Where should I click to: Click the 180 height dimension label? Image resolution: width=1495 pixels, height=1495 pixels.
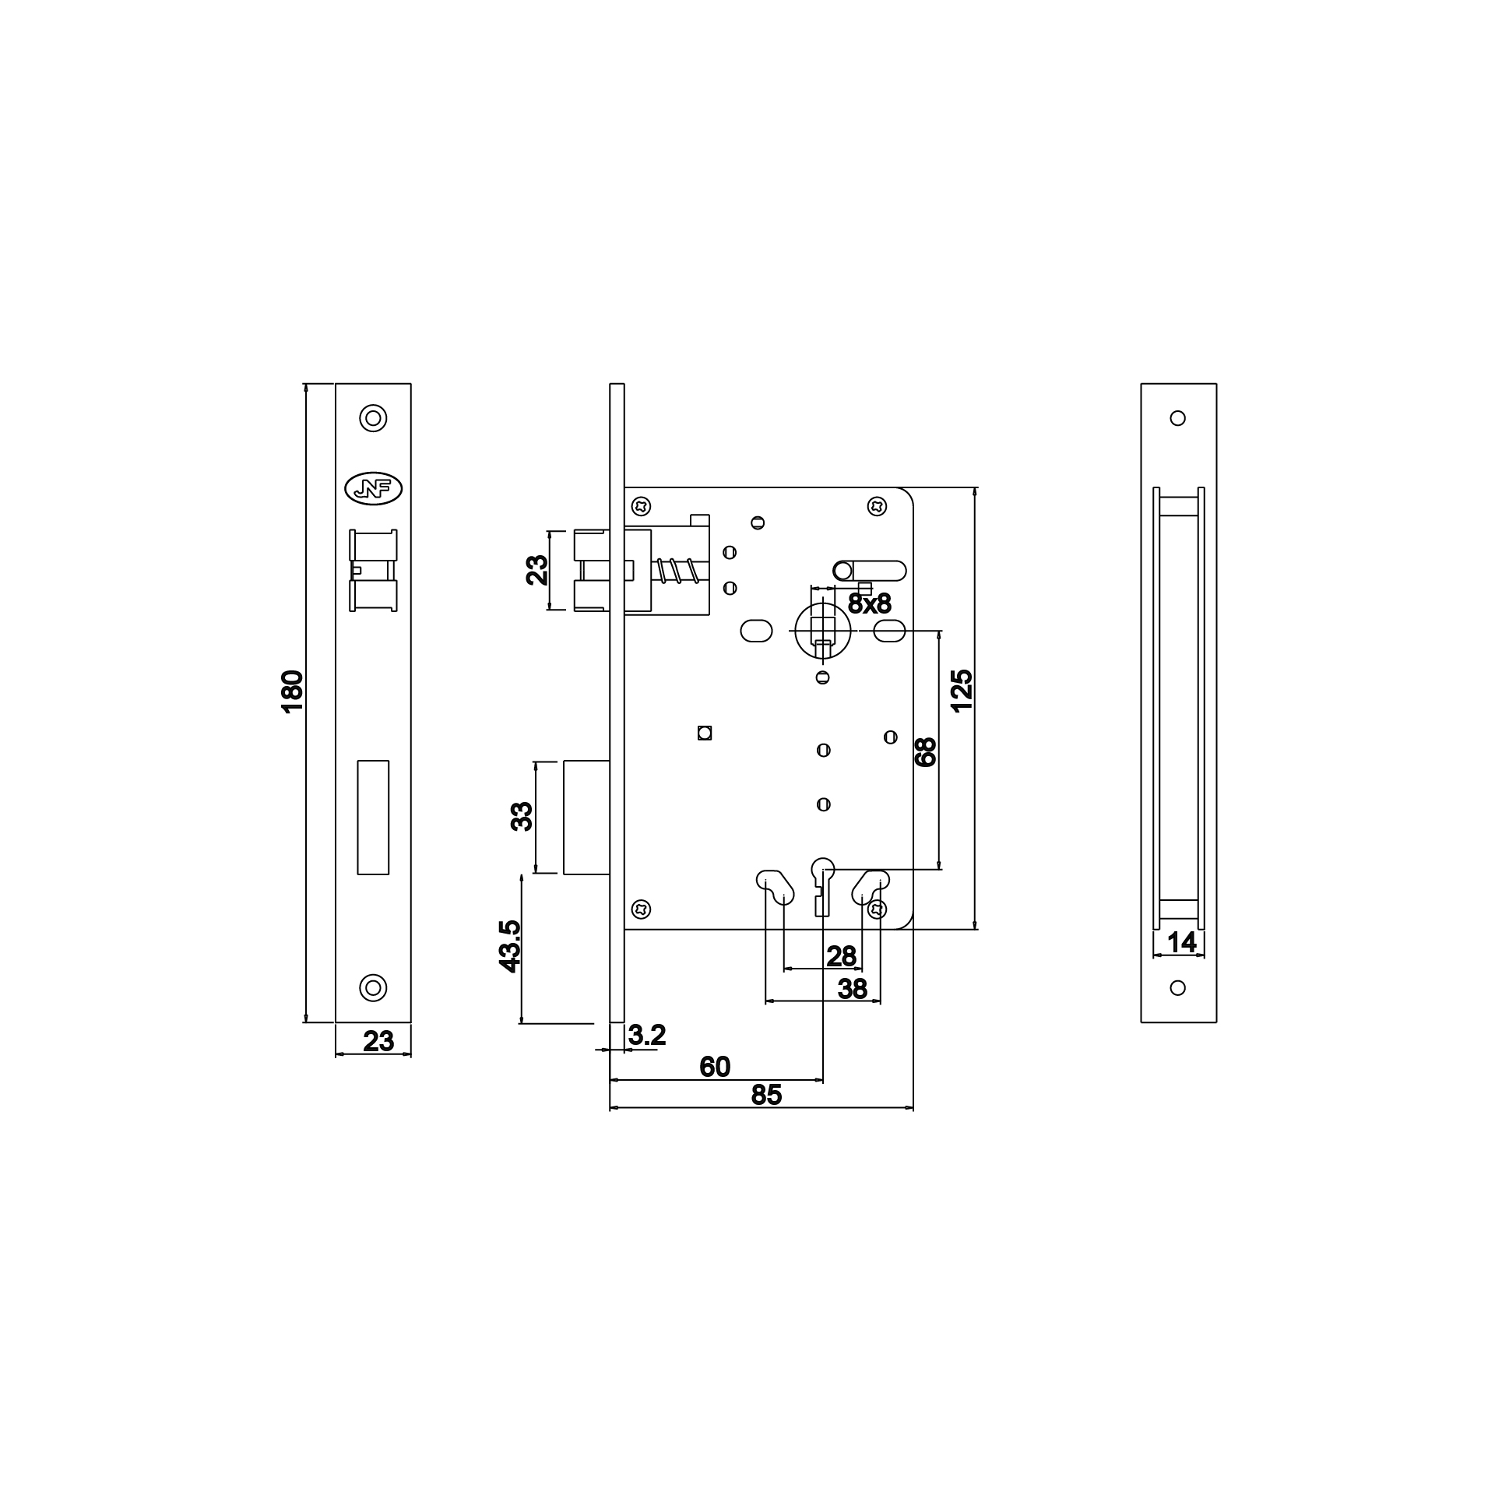[292, 691]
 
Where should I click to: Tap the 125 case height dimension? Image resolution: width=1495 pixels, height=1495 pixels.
[962, 690]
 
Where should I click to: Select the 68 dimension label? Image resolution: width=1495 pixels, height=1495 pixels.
[925, 752]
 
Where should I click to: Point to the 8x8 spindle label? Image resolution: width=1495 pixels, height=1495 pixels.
[869, 603]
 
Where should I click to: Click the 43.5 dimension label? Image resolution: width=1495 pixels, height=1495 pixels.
[510, 946]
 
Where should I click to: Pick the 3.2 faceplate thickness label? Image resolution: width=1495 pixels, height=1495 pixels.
[647, 1035]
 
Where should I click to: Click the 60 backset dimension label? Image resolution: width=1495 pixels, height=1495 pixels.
[715, 1066]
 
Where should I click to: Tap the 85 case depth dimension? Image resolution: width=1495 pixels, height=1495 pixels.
[766, 1095]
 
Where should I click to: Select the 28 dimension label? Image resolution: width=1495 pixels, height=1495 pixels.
[842, 956]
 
